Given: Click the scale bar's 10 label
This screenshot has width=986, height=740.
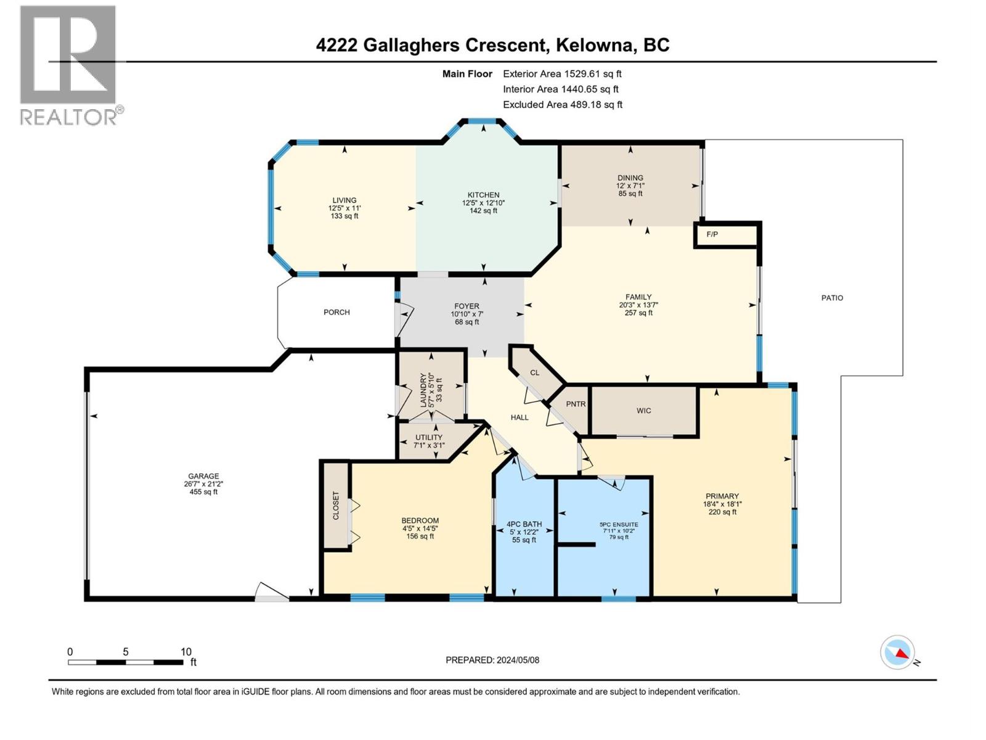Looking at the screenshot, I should coord(185,652).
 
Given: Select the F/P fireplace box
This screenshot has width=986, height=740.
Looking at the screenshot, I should coord(712,235).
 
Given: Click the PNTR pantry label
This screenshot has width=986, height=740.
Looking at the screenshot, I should coord(576,404).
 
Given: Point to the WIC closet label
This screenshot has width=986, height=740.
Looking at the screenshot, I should coord(644,411).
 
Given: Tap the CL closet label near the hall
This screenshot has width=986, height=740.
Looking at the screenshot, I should coord(535,372).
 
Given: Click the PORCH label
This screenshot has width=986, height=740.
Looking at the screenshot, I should coord(336,313).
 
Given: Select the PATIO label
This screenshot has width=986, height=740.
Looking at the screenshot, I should coord(832,298).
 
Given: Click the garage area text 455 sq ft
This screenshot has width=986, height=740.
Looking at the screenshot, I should coord(203,492).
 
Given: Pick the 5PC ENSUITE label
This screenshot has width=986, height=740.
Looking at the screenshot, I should coord(619,525).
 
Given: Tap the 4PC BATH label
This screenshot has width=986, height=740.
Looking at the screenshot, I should coord(524,524).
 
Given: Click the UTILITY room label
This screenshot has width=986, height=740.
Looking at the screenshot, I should coord(428,437).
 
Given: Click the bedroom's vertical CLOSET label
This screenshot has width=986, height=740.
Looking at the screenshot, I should coord(336,505).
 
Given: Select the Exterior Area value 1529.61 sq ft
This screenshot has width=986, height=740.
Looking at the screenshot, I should coord(592,74).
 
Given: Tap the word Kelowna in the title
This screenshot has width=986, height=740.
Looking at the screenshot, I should coord(595,45).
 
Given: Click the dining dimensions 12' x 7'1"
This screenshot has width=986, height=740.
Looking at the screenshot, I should coord(630,186).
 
